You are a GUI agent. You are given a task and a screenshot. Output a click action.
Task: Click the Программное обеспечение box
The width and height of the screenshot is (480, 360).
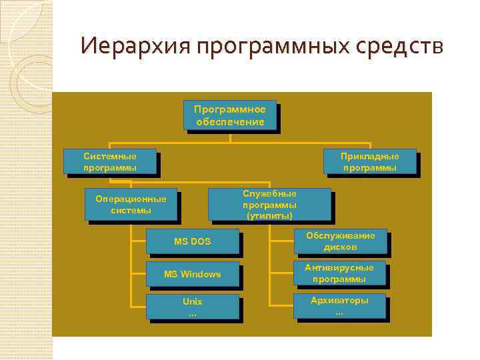[229, 115]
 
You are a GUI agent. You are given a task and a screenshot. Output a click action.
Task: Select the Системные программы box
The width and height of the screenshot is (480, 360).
[110, 161]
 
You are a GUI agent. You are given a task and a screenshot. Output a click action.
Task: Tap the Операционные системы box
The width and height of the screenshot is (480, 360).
[131, 205]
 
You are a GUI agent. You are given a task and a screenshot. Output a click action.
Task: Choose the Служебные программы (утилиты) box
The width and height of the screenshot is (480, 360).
[269, 203]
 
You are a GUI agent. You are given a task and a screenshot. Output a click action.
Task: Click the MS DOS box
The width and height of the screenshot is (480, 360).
[192, 241]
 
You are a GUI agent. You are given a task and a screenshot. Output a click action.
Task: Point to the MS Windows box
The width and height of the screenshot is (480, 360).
[192, 274]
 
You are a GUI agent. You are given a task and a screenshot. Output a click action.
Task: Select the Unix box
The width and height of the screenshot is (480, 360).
[192, 307]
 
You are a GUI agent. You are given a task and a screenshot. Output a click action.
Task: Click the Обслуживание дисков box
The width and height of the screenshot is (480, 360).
[340, 241]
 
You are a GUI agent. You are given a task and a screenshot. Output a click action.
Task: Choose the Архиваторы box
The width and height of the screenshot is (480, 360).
[339, 306]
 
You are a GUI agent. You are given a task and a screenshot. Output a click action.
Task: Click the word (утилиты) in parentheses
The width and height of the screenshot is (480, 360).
[269, 216]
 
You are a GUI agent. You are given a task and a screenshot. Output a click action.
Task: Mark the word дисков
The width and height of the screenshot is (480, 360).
[340, 247]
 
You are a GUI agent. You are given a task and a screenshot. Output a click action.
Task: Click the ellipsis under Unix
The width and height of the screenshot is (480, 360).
[192, 313]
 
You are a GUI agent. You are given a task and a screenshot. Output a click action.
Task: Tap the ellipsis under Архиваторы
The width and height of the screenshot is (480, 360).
[339, 312]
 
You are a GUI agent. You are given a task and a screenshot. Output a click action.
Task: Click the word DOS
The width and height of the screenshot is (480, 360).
[201, 241]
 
